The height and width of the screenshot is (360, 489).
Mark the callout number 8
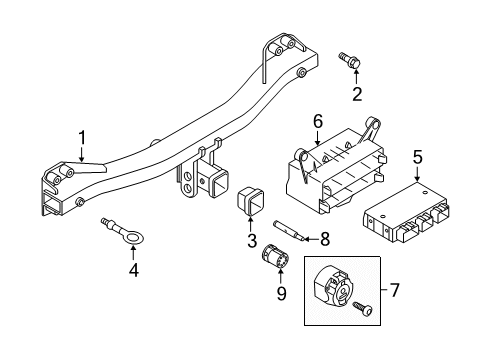click(296, 240)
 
